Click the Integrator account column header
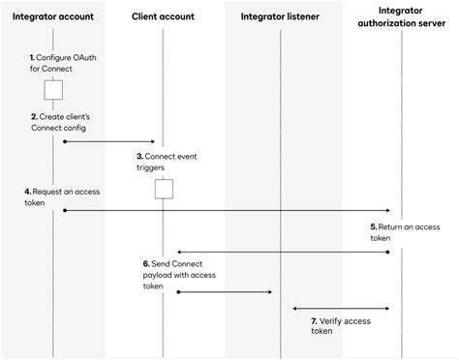53,16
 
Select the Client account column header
164,16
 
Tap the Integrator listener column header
281,16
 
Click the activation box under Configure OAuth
53,91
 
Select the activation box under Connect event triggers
164,189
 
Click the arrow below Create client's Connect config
108,141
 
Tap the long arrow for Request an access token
227,210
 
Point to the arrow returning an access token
283,252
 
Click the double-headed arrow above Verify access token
341,310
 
